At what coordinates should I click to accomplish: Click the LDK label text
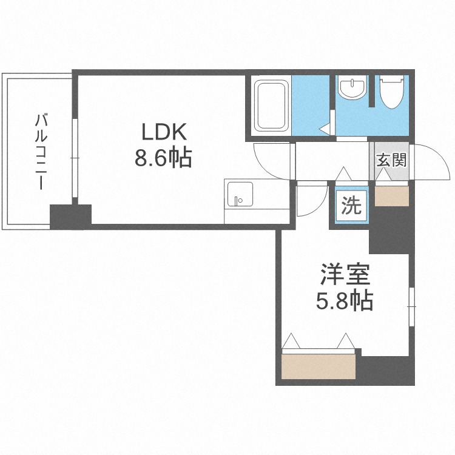(164, 132)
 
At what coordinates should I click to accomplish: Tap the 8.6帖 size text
(163, 158)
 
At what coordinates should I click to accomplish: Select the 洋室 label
(345, 274)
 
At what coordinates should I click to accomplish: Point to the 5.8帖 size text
(345, 301)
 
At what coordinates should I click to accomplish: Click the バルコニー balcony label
(41, 152)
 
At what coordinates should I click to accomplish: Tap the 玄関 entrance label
(391, 160)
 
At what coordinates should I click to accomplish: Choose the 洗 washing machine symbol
(351, 205)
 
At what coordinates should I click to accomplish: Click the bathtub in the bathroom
(271, 106)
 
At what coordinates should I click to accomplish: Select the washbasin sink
(352, 87)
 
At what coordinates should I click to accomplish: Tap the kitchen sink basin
(240, 194)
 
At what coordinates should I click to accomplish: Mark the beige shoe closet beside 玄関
(392, 196)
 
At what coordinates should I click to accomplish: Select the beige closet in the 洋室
(318, 366)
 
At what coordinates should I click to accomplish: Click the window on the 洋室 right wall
(412, 306)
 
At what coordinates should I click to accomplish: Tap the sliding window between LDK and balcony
(75, 158)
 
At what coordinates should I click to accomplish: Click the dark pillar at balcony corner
(70, 217)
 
